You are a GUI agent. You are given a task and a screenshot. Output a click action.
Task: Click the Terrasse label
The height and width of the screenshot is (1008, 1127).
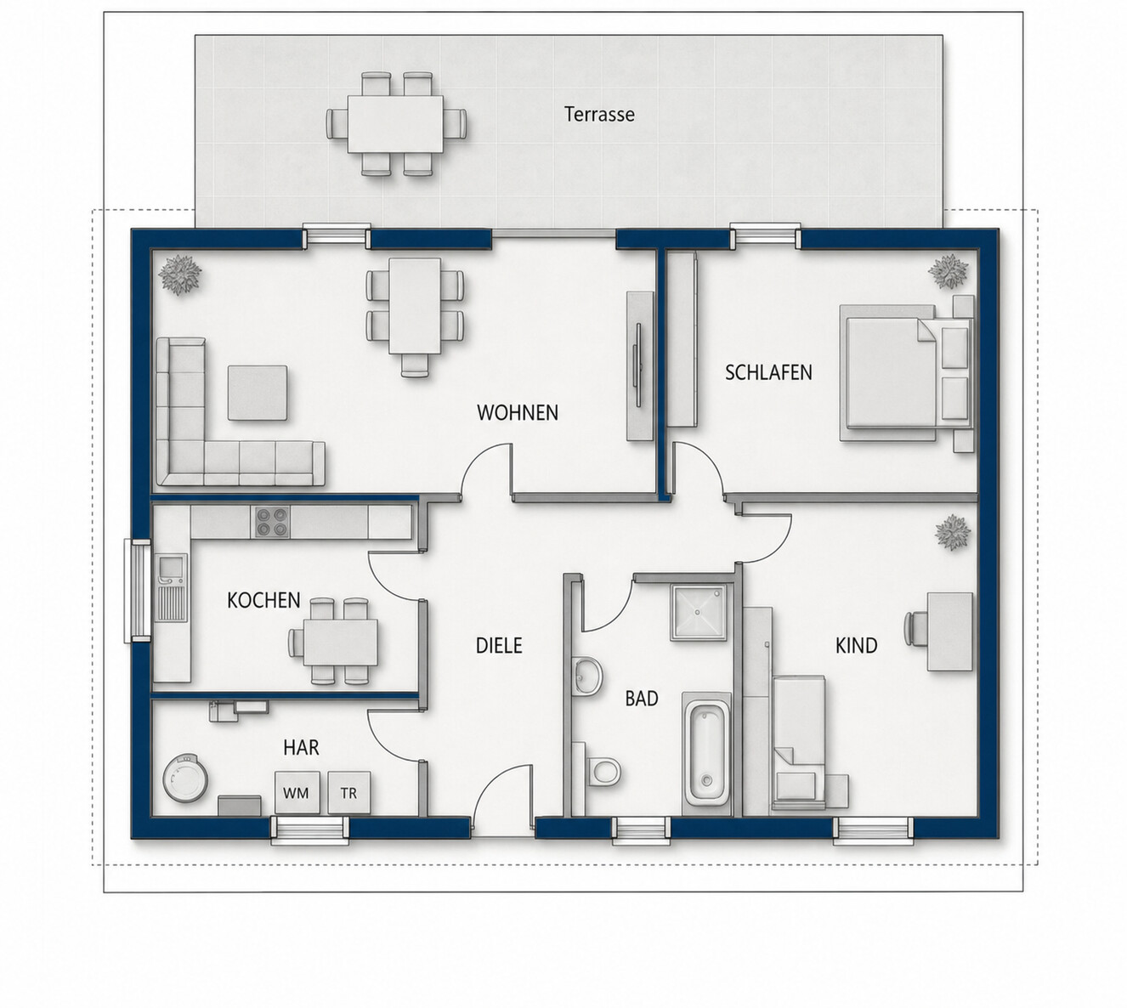click(599, 114)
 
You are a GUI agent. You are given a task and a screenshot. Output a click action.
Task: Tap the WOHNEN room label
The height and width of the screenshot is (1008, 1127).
click(518, 413)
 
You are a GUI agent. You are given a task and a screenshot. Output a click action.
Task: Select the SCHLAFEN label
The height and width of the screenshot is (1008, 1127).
click(768, 372)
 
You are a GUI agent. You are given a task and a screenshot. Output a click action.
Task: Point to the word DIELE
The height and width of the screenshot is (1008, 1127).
click(499, 645)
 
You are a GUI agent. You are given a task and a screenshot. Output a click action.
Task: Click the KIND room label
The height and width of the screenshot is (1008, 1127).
click(856, 645)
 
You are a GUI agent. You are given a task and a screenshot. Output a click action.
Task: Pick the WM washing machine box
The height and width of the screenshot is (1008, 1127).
click(297, 793)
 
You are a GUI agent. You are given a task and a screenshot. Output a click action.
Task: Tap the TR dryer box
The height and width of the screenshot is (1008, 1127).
click(348, 793)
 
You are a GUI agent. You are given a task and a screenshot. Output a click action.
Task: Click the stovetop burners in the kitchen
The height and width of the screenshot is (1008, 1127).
click(272, 521)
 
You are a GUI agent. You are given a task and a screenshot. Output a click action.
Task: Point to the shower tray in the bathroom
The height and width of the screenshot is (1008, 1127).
click(698, 612)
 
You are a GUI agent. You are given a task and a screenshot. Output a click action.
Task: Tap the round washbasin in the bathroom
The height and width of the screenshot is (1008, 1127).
click(588, 675)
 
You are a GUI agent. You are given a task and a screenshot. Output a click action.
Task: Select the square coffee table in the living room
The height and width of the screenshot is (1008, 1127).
click(258, 393)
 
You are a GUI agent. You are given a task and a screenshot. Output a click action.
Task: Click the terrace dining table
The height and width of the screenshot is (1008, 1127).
click(395, 123)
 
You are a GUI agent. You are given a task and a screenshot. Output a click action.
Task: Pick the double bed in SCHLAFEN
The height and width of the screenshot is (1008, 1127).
click(907, 373)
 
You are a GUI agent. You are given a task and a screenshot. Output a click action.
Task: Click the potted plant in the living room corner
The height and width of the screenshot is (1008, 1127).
click(179, 275)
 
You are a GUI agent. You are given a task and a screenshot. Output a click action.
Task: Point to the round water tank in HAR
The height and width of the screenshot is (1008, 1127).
click(185, 778)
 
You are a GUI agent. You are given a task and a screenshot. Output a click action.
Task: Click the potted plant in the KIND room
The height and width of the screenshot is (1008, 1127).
click(953, 532)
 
